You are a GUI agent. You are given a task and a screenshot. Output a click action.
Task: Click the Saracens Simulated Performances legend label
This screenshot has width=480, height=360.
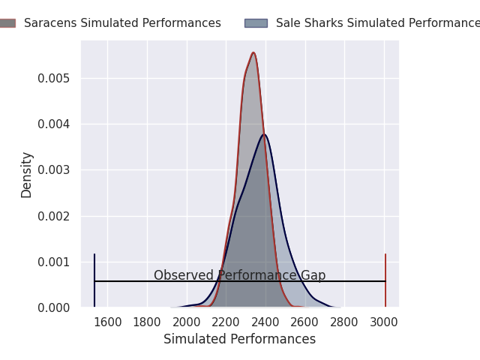click(122, 23)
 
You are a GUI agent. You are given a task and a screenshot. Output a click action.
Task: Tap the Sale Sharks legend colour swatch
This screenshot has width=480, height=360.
click(256, 23)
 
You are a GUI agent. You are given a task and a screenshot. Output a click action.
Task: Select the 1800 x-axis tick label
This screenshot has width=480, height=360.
click(147, 322)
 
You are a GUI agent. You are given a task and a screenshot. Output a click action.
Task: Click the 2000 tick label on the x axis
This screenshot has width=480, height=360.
click(187, 322)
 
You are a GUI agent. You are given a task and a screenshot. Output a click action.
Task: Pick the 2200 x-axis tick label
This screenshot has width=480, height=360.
click(226, 322)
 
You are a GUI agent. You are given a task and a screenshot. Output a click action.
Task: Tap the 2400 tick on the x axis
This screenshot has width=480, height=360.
click(265, 322)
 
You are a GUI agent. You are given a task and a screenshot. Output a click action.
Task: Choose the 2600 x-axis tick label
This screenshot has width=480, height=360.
click(305, 322)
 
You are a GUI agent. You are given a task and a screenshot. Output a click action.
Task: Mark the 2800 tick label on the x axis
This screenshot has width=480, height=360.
click(345, 322)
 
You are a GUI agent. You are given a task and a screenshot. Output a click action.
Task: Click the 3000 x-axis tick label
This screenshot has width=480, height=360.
click(384, 322)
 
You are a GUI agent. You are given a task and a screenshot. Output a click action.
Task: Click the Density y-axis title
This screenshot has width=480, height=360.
click(27, 174)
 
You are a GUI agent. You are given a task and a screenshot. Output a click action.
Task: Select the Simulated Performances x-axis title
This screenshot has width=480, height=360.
click(239, 340)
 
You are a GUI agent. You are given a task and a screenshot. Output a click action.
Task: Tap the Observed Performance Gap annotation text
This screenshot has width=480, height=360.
click(239, 275)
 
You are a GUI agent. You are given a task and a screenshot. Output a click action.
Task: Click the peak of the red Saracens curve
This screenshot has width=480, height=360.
click(253, 52)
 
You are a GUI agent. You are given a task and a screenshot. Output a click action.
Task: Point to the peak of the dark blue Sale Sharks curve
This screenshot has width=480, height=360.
click(264, 134)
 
